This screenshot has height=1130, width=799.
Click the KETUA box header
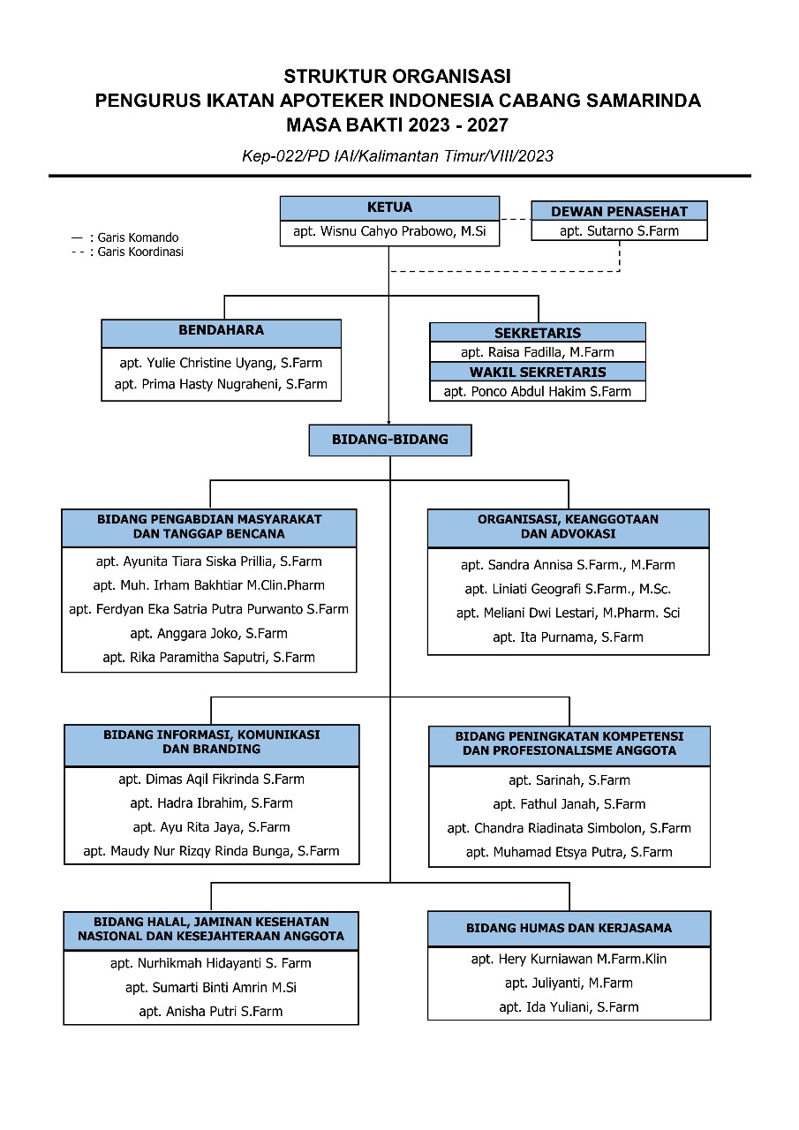point(389,207)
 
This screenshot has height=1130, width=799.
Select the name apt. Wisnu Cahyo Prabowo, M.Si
point(389,231)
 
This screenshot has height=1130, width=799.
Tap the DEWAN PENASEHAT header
point(619,211)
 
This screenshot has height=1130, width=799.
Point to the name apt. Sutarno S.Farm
point(619,231)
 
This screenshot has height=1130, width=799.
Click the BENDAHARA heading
point(221,330)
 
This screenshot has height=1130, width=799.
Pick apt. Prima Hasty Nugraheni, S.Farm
point(221,384)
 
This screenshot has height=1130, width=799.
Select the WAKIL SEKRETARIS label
point(538,373)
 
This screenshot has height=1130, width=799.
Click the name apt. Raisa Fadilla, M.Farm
point(537,352)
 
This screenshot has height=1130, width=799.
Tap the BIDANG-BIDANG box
point(390,440)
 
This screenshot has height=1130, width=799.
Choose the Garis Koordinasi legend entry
point(128,252)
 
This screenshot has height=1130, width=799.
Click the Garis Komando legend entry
point(125,237)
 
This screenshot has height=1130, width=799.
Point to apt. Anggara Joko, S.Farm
point(209,634)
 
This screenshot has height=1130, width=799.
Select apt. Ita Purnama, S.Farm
point(568,637)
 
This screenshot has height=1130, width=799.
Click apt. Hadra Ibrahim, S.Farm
point(211,803)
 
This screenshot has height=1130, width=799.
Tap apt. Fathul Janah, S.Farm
point(569,804)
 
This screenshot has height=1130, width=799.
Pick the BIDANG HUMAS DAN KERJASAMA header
point(569,928)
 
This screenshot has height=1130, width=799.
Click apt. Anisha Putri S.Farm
point(211,1012)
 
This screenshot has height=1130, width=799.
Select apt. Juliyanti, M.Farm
point(569,983)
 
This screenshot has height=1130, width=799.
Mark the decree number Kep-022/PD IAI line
point(397,156)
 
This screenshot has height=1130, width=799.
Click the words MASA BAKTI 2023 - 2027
point(397,125)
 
